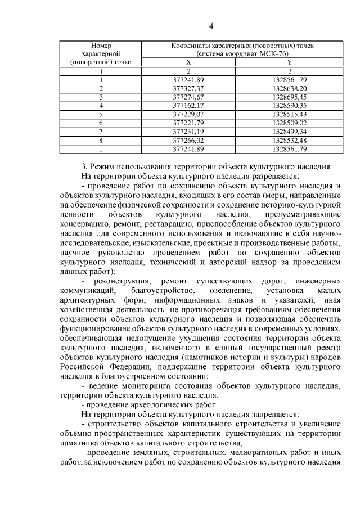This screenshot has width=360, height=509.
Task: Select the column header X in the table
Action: [188, 62]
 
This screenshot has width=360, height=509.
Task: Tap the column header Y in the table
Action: [289, 62]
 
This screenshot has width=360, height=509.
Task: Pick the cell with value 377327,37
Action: [188, 88]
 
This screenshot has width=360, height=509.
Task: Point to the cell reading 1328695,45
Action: [289, 97]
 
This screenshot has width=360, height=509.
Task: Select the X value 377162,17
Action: [188, 105]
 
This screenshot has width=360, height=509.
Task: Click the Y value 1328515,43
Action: [289, 114]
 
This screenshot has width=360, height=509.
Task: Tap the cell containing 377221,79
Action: [188, 122]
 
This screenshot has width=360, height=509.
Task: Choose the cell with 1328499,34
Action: [289, 130]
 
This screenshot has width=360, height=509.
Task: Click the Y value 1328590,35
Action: [289, 105]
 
